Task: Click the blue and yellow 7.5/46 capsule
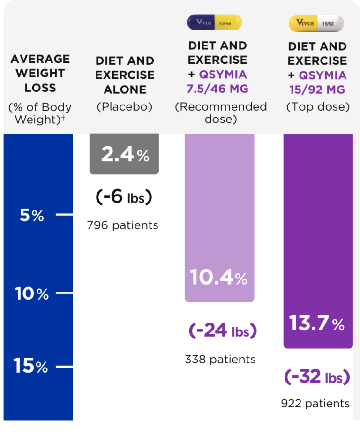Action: coord(215,23)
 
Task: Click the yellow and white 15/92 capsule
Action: coord(316,23)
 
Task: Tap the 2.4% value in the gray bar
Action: coord(125,154)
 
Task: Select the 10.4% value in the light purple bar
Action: coord(218,278)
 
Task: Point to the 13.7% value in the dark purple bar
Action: coord(317,323)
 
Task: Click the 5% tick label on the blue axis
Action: coord(32,215)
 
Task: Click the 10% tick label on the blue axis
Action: coord(32,294)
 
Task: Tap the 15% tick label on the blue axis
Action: coord(31,366)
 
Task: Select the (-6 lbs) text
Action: coord(124,197)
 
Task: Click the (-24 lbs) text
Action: coord(223,331)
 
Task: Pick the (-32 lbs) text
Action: coord(317,377)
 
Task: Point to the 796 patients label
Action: coord(123,225)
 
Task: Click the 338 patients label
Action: coord(220,360)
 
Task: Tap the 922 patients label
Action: coord(315,404)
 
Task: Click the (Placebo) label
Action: coord(125,107)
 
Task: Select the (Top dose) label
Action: coord(318,107)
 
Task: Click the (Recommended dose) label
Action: coord(221,113)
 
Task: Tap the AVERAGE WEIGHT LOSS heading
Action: coord(40,73)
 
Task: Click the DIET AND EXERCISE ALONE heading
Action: coord(125,75)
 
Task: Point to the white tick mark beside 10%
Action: coord(65,293)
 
